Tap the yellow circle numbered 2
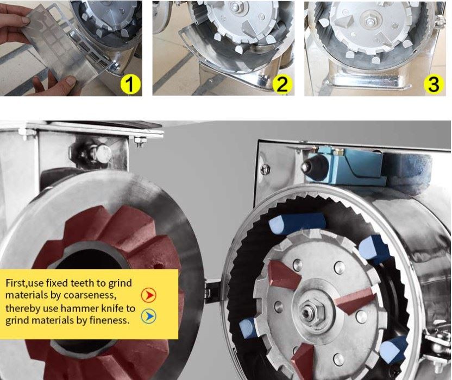pyautogui.click(x=282, y=84)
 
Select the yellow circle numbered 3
pyautogui.click(x=434, y=84)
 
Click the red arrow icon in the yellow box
pyautogui.click(x=149, y=295)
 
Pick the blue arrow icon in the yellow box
pyautogui.click(x=149, y=316)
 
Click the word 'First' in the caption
pyautogui.click(x=16, y=283)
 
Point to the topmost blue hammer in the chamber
pyautogui.click(x=297, y=223)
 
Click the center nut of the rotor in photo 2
pyautogui.click(x=234, y=6)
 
